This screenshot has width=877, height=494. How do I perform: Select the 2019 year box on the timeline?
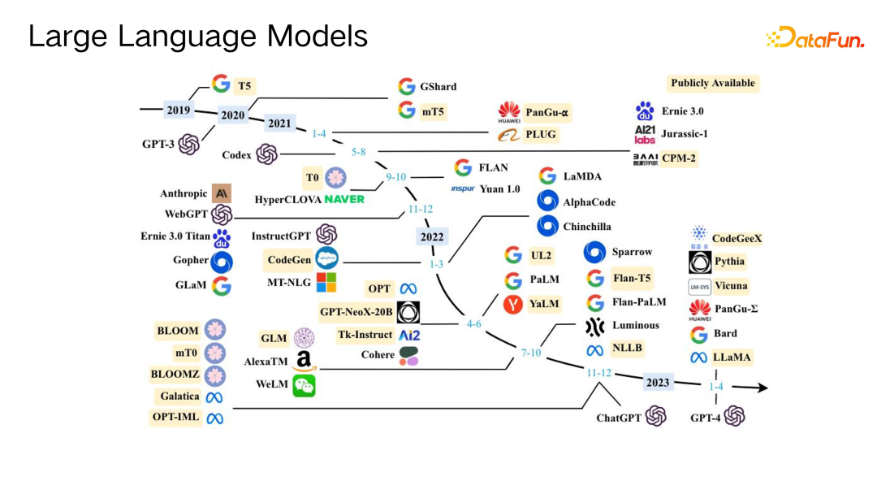(x=178, y=110)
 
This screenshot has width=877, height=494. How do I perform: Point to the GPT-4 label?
(x=705, y=418)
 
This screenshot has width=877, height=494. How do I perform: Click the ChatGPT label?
(x=619, y=418)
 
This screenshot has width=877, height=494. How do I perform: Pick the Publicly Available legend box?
(x=712, y=83)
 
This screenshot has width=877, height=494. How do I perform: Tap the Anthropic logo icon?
(x=222, y=193)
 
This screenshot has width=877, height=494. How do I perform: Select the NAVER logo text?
(x=344, y=199)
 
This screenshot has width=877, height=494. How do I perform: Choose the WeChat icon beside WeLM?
(x=305, y=385)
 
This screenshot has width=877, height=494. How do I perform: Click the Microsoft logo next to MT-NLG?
(x=326, y=282)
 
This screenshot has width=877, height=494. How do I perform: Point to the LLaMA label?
(x=732, y=357)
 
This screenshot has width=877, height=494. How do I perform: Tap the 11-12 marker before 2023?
(x=598, y=372)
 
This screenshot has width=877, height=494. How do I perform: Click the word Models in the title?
(x=315, y=37)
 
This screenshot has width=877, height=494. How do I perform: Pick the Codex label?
(x=236, y=154)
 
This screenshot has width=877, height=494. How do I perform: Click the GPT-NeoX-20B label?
(x=356, y=311)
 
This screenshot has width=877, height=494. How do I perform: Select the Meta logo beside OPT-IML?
(x=214, y=418)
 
